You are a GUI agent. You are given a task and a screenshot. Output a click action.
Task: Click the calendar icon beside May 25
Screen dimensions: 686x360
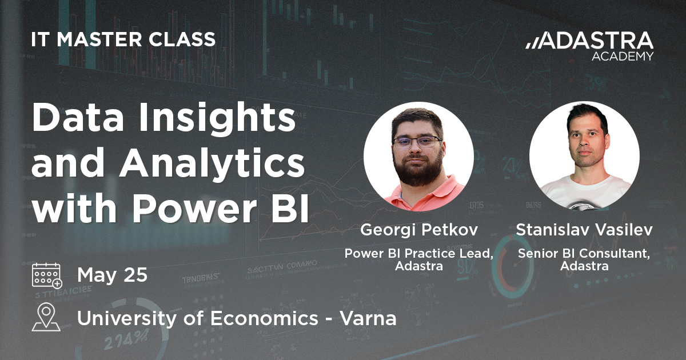click(47, 275)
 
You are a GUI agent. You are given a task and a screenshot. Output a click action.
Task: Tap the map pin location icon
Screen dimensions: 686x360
click(46, 317)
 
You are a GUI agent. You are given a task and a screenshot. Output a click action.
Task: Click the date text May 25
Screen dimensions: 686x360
click(112, 275)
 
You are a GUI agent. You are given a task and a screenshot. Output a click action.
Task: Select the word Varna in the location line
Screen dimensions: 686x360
click(368, 318)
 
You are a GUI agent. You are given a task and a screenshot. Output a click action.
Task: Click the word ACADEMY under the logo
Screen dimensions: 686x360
click(623, 57)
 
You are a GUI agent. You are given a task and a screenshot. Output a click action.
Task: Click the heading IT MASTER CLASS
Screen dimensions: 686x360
click(123, 39)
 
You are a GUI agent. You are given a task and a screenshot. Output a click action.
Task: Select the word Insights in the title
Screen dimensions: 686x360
click(217, 118)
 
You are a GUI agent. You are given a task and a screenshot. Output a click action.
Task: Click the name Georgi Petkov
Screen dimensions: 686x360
click(418, 230)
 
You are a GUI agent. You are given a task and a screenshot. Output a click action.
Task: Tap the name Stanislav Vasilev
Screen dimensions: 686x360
click(584, 230)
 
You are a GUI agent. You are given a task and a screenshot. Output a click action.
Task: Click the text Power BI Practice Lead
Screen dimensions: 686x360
click(418, 254)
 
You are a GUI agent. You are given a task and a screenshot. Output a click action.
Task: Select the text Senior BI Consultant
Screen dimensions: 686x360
click(584, 254)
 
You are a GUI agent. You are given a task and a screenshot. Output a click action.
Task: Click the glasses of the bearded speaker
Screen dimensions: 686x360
click(417, 142)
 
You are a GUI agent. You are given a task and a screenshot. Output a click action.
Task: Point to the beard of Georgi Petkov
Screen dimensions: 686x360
click(418, 169)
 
